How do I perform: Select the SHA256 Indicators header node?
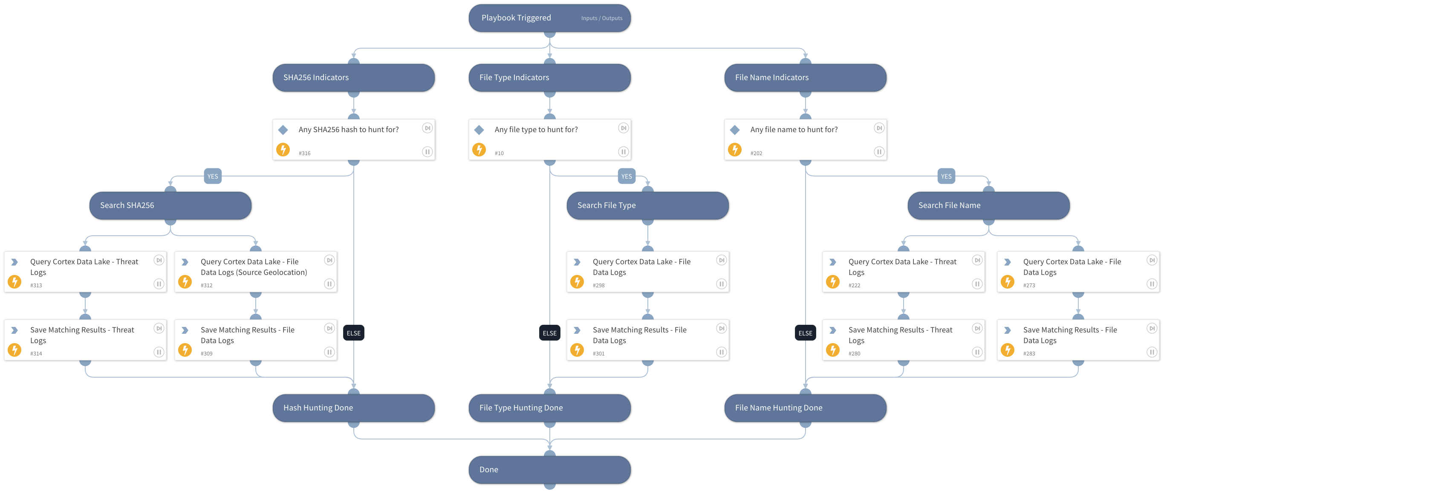click(353, 78)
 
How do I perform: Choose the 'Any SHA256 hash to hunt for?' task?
click(353, 139)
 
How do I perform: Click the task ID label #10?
click(499, 153)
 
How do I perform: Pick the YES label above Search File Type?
click(626, 176)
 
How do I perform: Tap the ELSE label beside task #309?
click(353, 333)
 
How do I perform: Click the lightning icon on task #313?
click(14, 282)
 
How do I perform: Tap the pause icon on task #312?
click(329, 284)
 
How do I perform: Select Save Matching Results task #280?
click(903, 340)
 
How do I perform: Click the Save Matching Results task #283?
click(1077, 340)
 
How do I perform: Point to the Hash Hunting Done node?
click(353, 408)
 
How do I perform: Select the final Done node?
click(549, 470)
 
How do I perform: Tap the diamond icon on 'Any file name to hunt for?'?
click(734, 130)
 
